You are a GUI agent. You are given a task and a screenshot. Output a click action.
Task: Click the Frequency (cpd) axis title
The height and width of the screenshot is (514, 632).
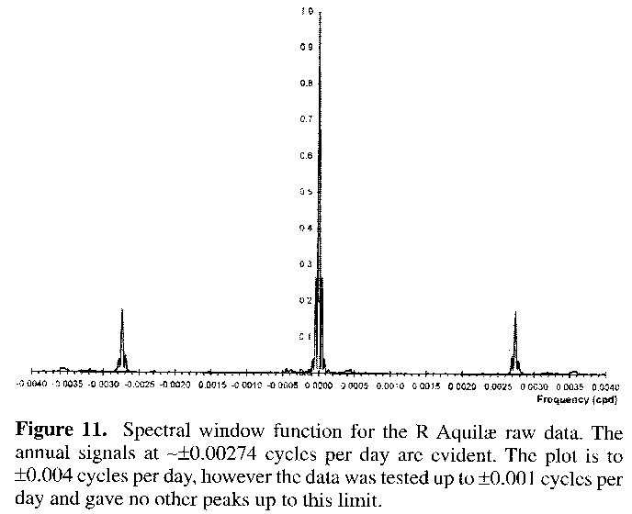[x=571, y=400]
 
